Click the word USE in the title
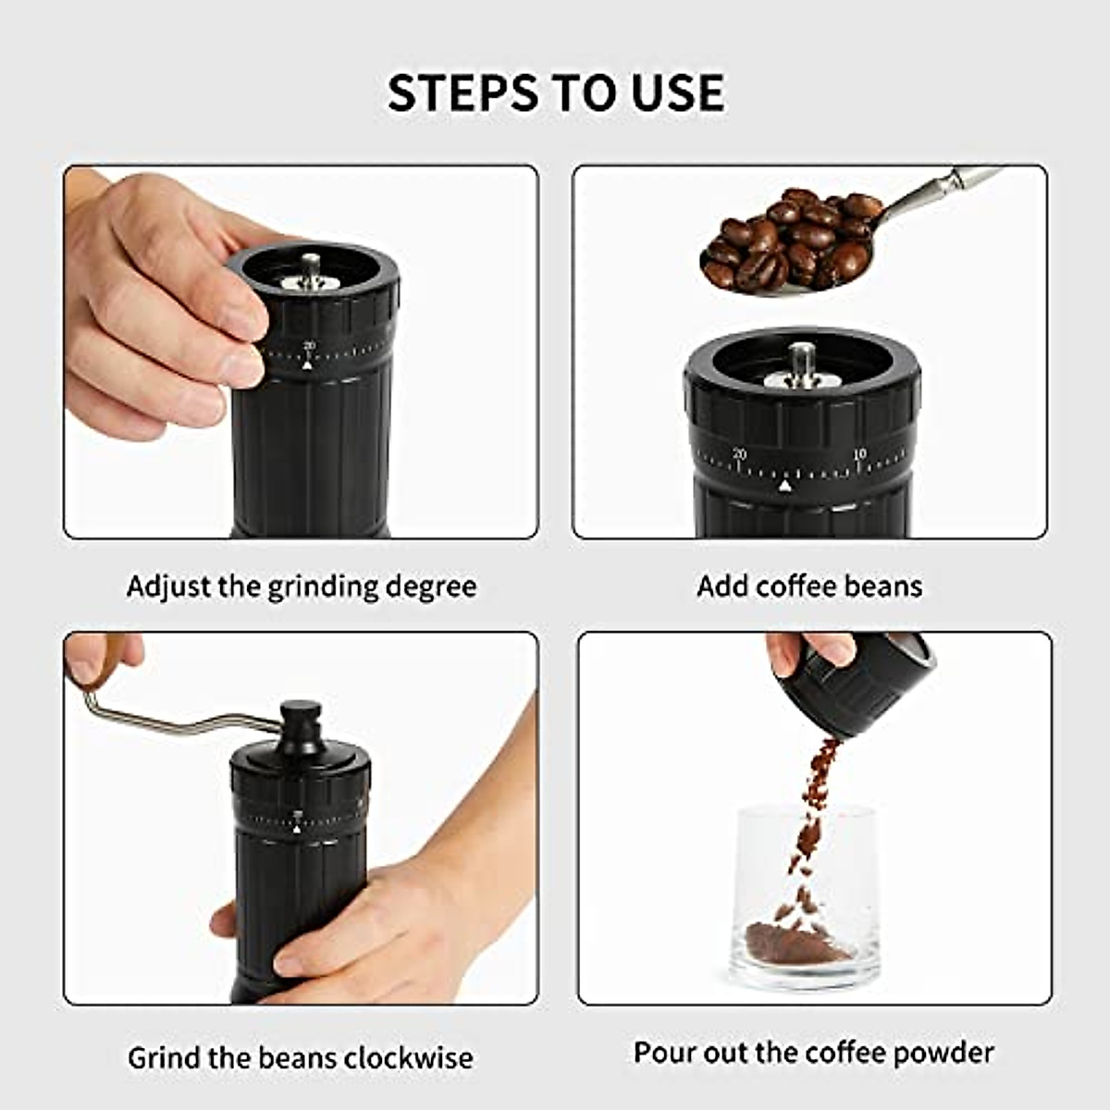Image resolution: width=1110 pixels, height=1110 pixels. [678, 92]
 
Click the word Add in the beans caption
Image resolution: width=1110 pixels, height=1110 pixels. [722, 586]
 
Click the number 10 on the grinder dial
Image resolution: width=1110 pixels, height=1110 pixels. [859, 454]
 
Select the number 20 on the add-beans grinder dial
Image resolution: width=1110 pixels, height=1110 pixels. [738, 453]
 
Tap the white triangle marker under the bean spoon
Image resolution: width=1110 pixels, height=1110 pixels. [785, 485]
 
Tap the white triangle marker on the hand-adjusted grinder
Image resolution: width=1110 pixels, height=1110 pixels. [307, 364]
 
